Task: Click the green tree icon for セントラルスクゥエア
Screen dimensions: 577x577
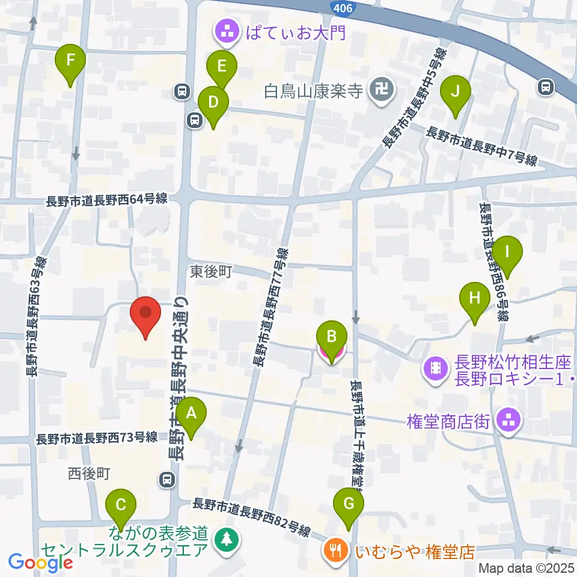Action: [227, 538]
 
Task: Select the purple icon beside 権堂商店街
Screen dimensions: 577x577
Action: [508, 420]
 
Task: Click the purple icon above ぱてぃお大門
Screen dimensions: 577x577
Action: [227, 30]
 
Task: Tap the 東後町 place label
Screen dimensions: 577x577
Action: [212, 272]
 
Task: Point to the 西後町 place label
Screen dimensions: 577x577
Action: [89, 474]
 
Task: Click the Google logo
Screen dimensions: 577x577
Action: [40, 563]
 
